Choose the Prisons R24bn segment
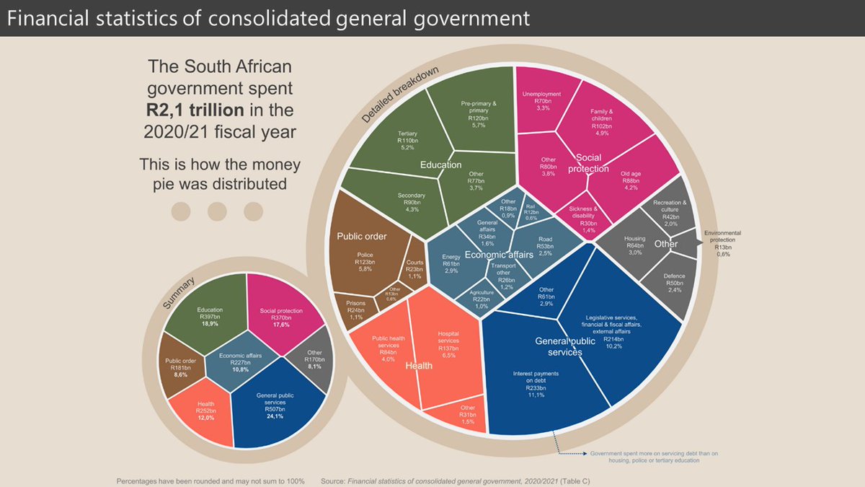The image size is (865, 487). [x=355, y=306]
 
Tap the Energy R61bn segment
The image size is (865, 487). [x=451, y=263]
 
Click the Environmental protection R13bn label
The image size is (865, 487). [x=722, y=242]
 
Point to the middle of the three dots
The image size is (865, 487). [x=217, y=211]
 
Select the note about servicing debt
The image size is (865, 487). [x=654, y=457]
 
